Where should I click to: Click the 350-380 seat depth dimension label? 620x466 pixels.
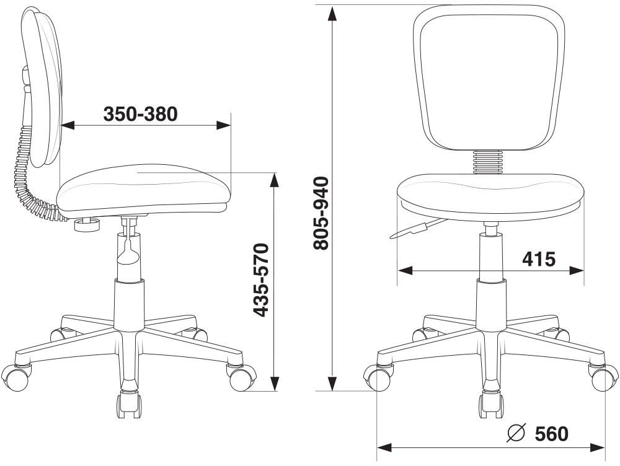pos(140,114)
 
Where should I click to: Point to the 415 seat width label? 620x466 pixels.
pos(538,258)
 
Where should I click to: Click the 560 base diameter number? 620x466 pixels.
pos(550,434)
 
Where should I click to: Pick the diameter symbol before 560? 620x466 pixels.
pos(515,434)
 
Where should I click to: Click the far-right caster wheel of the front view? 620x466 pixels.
pos(604,377)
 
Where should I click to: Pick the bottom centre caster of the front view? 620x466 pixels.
pos(490,403)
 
